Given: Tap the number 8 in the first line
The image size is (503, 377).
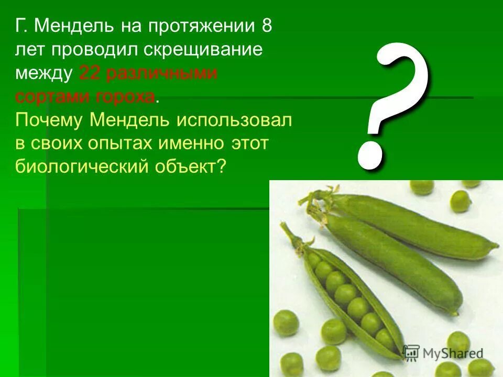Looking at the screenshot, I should click(x=267, y=27).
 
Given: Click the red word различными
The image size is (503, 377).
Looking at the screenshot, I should click(x=162, y=74).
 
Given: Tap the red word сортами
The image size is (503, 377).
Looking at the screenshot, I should click(x=50, y=97).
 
